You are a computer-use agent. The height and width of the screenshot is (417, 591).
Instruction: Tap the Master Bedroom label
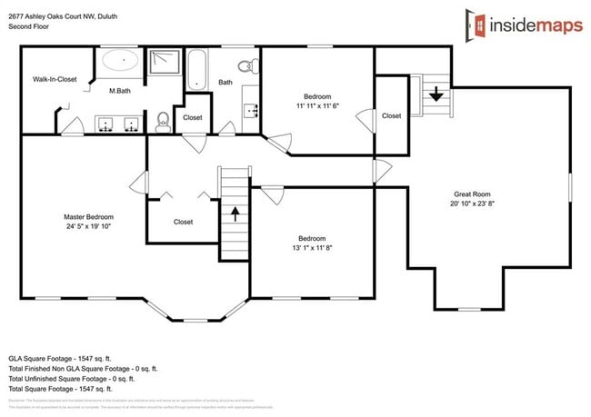(x=88, y=217)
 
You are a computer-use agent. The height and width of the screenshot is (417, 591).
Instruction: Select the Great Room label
(x=473, y=194)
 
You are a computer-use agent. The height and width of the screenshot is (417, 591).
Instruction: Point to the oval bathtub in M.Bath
(x=118, y=62)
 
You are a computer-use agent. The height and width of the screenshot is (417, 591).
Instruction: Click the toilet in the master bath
(x=162, y=119)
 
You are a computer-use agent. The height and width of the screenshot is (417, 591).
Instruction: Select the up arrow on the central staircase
(x=235, y=214)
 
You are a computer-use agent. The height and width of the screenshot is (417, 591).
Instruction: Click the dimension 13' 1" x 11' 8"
(x=312, y=247)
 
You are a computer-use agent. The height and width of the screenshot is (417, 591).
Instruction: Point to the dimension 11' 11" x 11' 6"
(x=317, y=107)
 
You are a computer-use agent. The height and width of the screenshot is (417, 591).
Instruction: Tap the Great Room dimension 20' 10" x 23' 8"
(x=473, y=204)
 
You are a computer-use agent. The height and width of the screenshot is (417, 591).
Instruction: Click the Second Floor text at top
(x=29, y=27)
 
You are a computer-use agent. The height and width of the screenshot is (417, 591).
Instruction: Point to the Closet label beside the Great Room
(x=391, y=115)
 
